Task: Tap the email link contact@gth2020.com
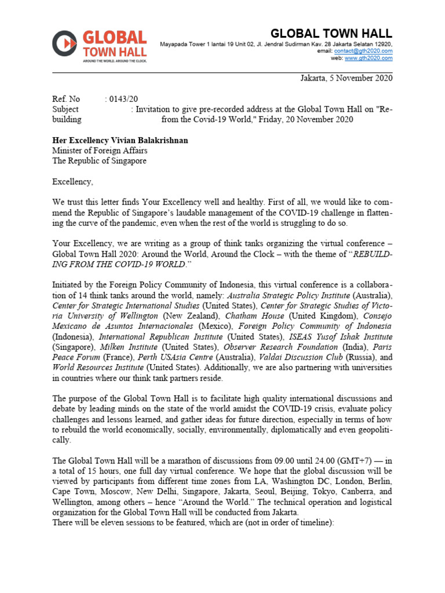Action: click(363, 51)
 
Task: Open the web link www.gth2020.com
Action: click(369, 58)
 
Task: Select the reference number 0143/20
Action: click(123, 99)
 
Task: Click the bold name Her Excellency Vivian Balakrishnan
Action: click(121, 141)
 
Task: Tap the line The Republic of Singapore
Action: click(100, 162)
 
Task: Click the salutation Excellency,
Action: click(72, 182)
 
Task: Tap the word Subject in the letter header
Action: click(65, 109)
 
